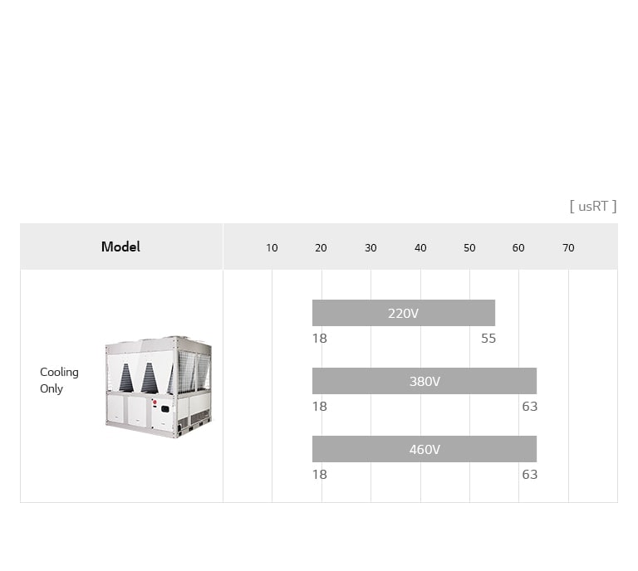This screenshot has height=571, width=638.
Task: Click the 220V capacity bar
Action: pos(404,313)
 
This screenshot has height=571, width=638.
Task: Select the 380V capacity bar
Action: pos(425,381)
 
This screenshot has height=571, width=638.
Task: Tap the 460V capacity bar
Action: pos(425,449)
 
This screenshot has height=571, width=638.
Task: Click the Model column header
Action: pos(120,246)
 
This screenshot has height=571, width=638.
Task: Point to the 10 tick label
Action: pos(272,248)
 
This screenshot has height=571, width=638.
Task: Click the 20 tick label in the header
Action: pos(321,248)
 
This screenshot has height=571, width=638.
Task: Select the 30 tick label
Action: pos(371,248)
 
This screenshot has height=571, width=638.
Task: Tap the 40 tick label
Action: pos(420,248)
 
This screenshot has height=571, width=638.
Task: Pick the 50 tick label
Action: pos(469,248)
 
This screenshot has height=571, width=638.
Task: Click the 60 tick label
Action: pos(518,248)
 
